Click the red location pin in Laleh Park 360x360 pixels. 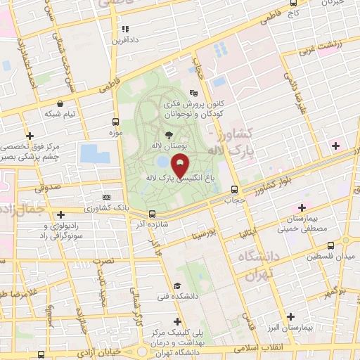tap(179, 166)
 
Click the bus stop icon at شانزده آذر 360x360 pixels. tap(153, 214)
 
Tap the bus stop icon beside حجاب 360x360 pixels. tap(235, 188)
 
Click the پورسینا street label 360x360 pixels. tap(214, 231)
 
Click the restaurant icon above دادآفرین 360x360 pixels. tap(126, 29)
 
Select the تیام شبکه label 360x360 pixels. tap(59, 113)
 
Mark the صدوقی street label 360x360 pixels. tap(46, 187)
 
